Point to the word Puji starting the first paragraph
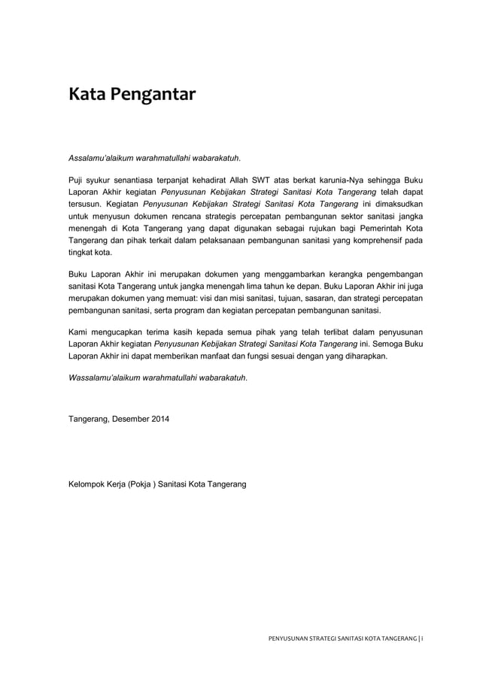(x=77, y=180)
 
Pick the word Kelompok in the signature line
(x=89, y=485)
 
